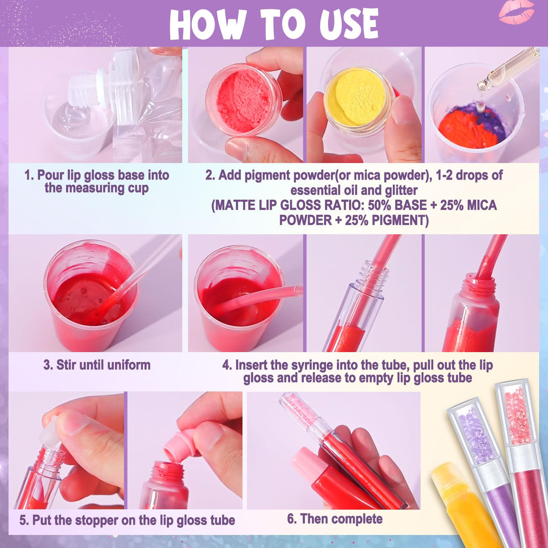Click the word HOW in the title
point(207,25)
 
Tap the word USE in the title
point(348,25)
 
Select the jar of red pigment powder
point(243,102)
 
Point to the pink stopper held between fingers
point(179,444)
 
